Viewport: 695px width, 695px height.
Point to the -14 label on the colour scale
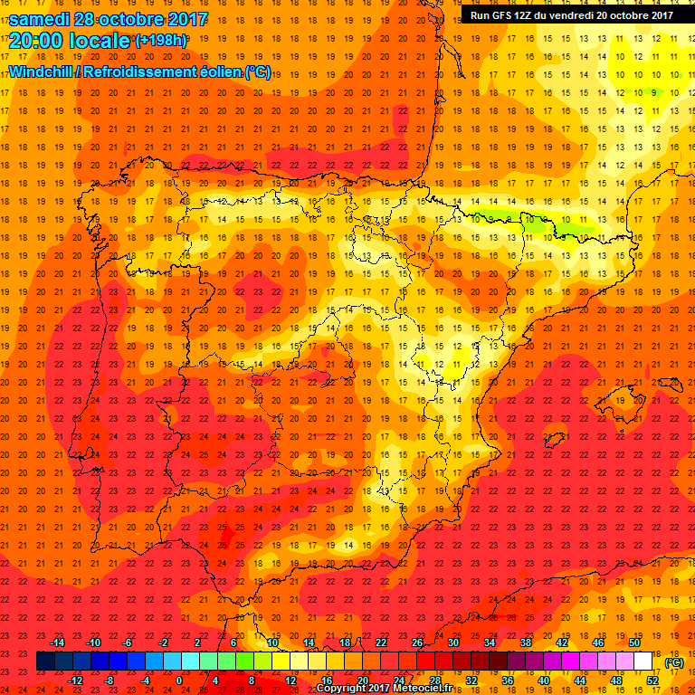coord(58,643)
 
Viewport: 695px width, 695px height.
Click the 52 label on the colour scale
coord(652,681)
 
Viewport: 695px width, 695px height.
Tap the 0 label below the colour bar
coord(179,681)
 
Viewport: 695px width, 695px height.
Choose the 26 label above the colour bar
coord(416,643)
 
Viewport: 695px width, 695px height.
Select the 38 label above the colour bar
coord(526,643)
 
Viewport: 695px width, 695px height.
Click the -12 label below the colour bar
coord(75,681)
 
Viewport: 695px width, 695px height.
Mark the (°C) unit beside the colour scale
coord(673,662)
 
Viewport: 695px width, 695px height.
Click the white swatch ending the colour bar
coord(643,662)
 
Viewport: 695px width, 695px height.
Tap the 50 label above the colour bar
coord(634,643)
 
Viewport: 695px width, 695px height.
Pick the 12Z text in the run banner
coord(529,14)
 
